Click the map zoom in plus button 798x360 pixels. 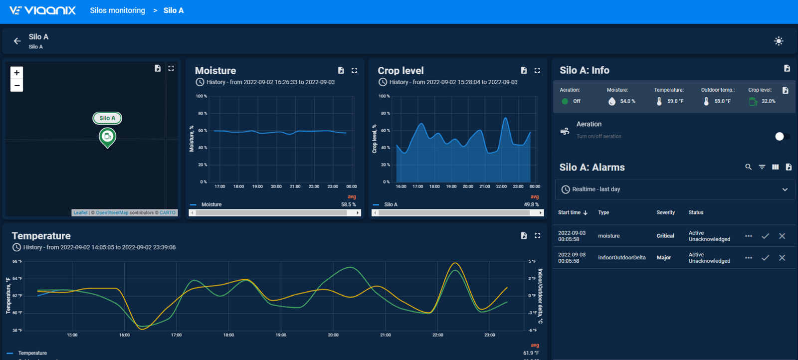click(17, 73)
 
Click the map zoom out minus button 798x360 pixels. click(17, 85)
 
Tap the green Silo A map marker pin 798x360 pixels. click(107, 137)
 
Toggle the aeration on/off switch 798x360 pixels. click(782, 136)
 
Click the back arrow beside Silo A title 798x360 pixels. click(17, 41)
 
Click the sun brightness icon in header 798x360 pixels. click(779, 41)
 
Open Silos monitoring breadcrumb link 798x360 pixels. click(117, 10)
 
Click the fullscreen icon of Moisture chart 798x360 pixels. click(354, 70)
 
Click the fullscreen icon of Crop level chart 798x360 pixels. click(537, 70)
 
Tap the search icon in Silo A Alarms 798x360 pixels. click(748, 167)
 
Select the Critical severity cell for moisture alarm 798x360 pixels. click(665, 236)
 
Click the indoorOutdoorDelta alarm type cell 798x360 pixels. click(621, 258)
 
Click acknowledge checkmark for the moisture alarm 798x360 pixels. click(765, 236)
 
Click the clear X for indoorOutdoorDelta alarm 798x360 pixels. click(782, 258)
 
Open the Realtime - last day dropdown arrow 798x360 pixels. click(785, 189)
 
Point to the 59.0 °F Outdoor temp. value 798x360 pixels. click(722, 101)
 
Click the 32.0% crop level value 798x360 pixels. click(768, 101)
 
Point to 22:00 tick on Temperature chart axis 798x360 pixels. click(437, 335)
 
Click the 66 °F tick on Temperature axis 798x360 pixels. click(17, 261)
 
